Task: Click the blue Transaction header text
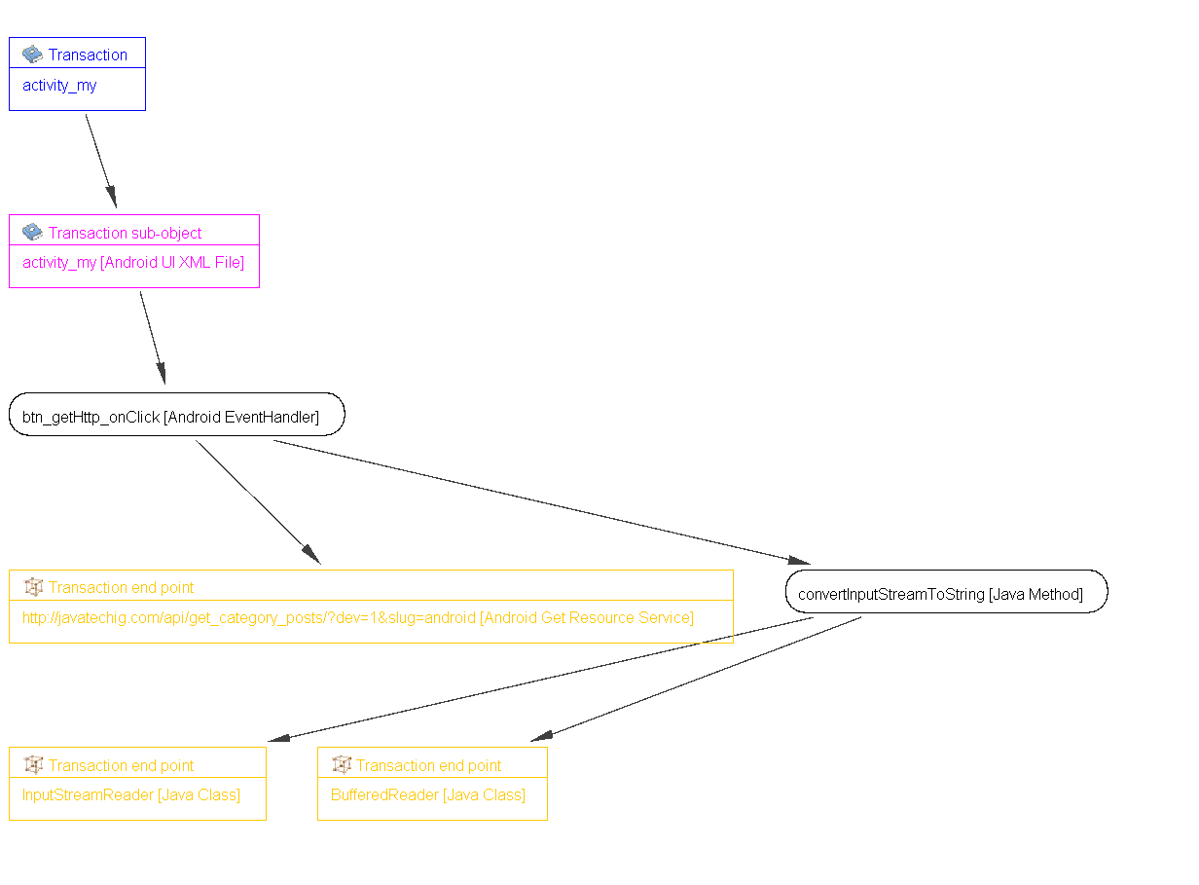(88, 55)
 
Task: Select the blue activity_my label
(59, 86)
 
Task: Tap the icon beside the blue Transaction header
(32, 55)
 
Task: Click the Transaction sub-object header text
(125, 233)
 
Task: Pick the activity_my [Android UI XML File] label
(133, 263)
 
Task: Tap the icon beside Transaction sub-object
(32, 233)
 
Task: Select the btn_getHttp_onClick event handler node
(176, 417)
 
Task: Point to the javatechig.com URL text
(357, 617)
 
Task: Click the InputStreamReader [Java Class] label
(131, 794)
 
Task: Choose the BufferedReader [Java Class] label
(428, 794)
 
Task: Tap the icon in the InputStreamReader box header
(33, 765)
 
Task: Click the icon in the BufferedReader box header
(342, 765)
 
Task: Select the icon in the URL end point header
(33, 587)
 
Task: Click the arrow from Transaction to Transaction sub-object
(101, 161)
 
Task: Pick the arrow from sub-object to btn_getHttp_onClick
(153, 337)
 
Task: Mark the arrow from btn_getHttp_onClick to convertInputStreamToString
(540, 501)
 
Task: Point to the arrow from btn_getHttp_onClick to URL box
(258, 501)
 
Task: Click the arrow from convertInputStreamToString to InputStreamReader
(540, 679)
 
